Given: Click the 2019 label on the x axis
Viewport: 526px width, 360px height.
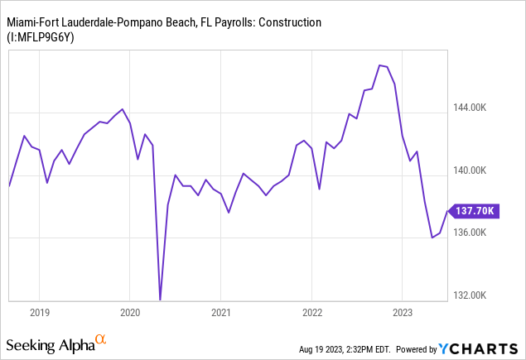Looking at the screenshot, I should (40, 313).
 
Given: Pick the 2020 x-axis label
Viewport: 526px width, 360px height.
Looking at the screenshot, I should (130, 313).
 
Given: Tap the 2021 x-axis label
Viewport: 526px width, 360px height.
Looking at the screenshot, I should (220, 313).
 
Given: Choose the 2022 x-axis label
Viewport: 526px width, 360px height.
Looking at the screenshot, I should (311, 313).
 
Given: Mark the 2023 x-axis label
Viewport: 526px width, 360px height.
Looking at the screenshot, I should (402, 313).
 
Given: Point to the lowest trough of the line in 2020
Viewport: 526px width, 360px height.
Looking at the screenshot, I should (160, 300).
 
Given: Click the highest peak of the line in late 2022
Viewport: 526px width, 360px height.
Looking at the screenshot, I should (379, 65).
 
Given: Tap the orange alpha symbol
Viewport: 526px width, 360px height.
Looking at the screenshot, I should (100, 340).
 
